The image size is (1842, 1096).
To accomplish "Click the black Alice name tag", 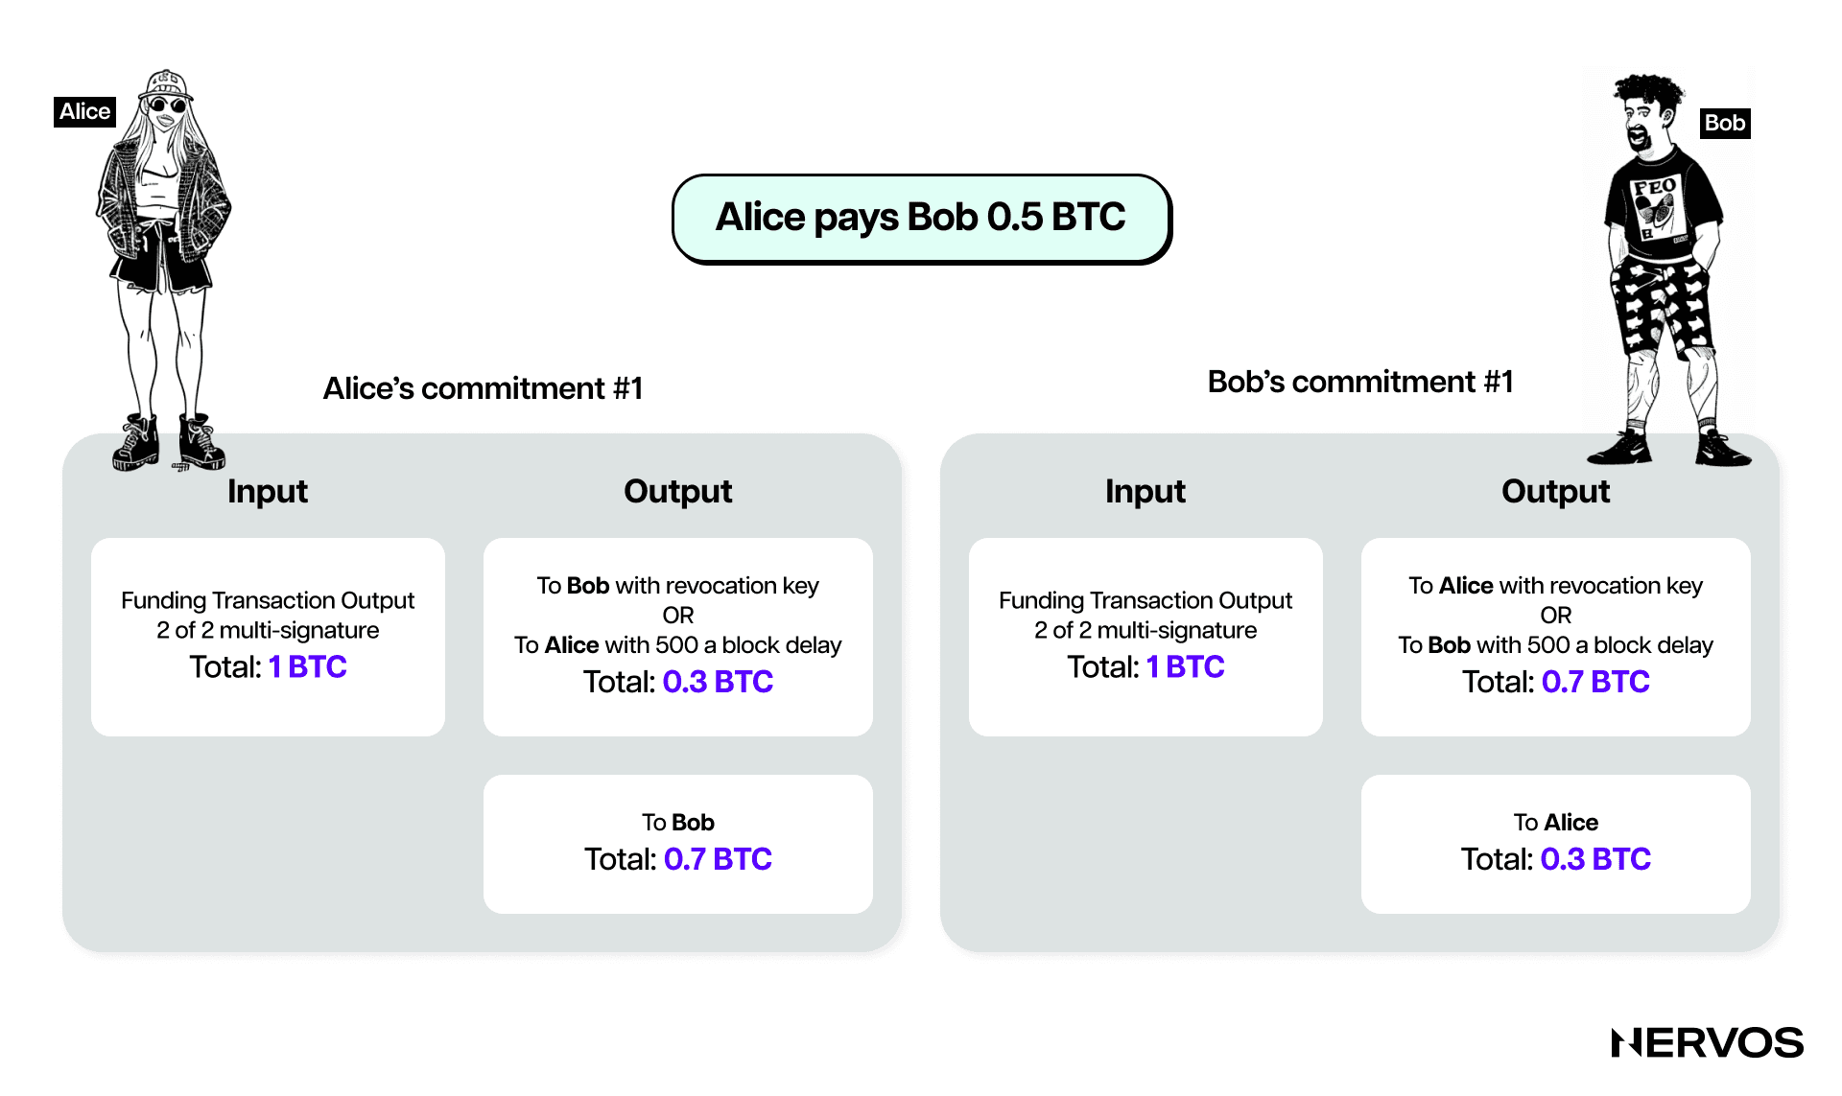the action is tap(84, 111).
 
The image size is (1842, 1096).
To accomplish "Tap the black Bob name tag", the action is tap(1724, 123).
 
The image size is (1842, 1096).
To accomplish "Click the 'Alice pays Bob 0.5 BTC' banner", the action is tap(921, 218).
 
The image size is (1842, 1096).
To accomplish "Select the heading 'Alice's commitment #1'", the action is tap(483, 388).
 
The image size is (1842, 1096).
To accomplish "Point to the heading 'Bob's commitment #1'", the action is tap(1360, 382).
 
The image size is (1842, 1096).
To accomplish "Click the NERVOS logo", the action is tap(1707, 1042).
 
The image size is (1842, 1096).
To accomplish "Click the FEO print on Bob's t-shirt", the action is tap(1655, 187).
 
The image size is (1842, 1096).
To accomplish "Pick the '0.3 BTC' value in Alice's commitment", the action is tap(718, 682).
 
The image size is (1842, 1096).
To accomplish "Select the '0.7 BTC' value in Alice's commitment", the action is tap(718, 859).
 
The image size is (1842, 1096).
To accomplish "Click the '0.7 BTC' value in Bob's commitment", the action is tap(1595, 682).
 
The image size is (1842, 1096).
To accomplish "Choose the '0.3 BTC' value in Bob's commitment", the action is tap(1595, 859).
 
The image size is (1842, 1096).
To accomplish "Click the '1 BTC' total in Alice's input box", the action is tap(307, 666).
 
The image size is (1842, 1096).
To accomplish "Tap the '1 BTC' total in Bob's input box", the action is tap(1185, 666).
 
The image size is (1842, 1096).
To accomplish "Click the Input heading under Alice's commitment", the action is tap(268, 491).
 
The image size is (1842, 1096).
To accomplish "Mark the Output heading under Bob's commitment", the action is tap(1555, 491).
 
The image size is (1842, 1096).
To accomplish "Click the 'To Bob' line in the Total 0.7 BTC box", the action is tap(678, 823).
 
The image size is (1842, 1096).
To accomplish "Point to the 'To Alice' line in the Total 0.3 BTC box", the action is tap(1555, 823).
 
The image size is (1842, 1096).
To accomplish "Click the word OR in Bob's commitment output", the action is tap(1555, 616).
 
